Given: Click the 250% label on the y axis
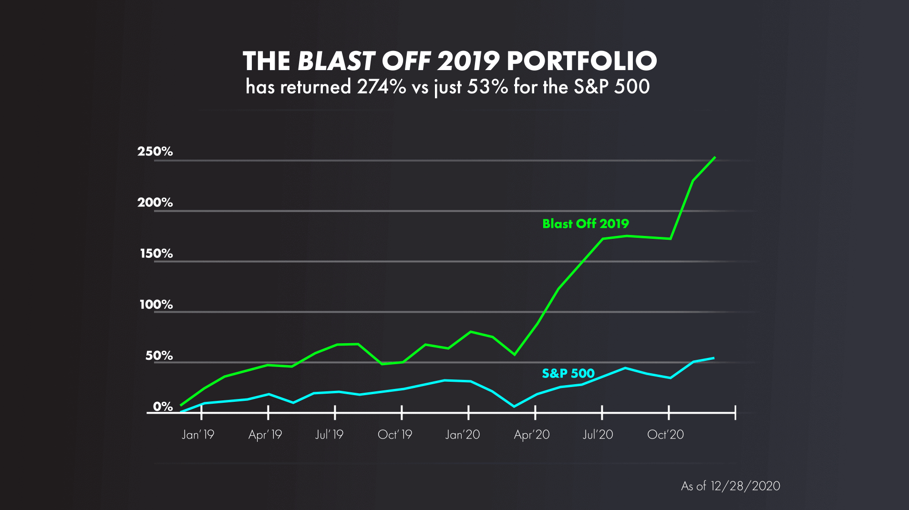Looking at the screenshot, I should (x=155, y=152).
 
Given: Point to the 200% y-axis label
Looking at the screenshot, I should (x=155, y=203).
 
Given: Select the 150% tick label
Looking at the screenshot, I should (x=156, y=254).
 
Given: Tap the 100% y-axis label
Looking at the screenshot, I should (x=156, y=305).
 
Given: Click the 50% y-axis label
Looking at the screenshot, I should (x=159, y=356).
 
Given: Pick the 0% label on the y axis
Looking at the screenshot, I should (x=163, y=407).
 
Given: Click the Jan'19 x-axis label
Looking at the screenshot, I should (x=198, y=435).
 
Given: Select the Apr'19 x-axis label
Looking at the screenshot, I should (x=265, y=435).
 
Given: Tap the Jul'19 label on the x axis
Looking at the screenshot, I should (x=329, y=435).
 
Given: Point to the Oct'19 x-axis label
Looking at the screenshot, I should (x=395, y=435).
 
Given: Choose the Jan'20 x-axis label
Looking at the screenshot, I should (x=463, y=435).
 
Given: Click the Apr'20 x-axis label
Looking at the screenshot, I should (x=532, y=435).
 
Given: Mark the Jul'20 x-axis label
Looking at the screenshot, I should (x=598, y=435).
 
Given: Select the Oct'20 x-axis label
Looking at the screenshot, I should (x=665, y=435).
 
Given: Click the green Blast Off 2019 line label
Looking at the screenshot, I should (x=586, y=224).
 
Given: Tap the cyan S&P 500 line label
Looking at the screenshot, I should (x=568, y=373).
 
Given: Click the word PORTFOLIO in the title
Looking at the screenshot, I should (x=582, y=61).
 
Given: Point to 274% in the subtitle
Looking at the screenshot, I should (x=382, y=87).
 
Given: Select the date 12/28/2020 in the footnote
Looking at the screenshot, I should (x=745, y=486).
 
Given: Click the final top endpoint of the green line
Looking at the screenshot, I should (x=714, y=157).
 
